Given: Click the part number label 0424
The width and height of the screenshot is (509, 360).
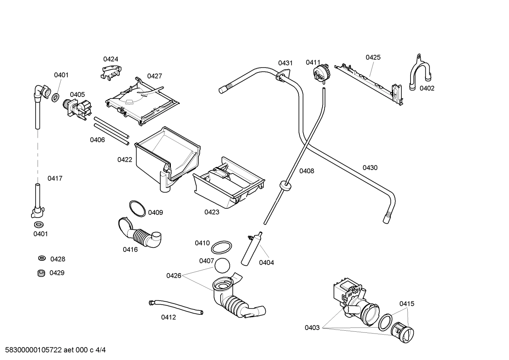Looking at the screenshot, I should pyautogui.click(x=110, y=59).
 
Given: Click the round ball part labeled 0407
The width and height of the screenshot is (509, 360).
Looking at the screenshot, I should pyautogui.click(x=222, y=266).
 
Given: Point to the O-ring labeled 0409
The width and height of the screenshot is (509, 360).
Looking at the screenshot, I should pyautogui.click(x=137, y=209).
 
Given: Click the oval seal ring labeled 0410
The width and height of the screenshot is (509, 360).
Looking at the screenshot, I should pyautogui.click(x=222, y=247).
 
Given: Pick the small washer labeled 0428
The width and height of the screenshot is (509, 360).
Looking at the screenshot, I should pyautogui.click(x=42, y=259).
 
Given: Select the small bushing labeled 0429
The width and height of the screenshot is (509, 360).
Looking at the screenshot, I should pyautogui.click(x=41, y=273).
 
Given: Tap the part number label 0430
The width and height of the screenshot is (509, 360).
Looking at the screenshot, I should pyautogui.click(x=370, y=167).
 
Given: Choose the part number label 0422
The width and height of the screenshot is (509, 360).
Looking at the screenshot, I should pyautogui.click(x=125, y=160).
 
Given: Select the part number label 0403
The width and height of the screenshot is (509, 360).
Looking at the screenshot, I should pyautogui.click(x=312, y=327).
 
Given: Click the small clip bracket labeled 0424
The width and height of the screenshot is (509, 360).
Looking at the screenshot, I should pyautogui.click(x=110, y=72).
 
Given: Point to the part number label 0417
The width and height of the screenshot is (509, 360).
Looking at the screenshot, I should pyautogui.click(x=55, y=178).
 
